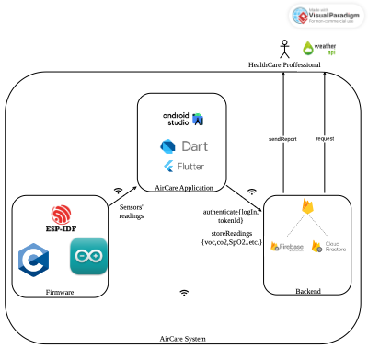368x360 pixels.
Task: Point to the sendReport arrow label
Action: tap(281, 138)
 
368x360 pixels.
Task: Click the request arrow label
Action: tap(324, 138)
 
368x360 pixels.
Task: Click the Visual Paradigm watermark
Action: tap(328, 16)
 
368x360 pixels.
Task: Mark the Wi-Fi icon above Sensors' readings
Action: tap(118, 192)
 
